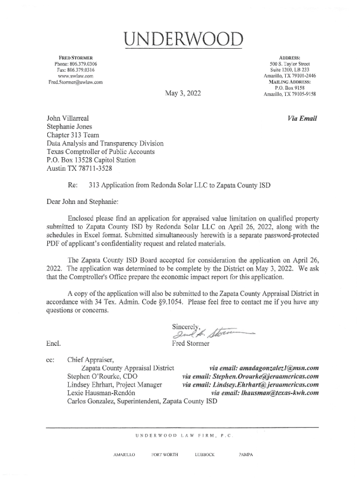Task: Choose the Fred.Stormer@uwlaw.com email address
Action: click(x=75, y=82)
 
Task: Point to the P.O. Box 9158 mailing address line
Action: click(x=290, y=87)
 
